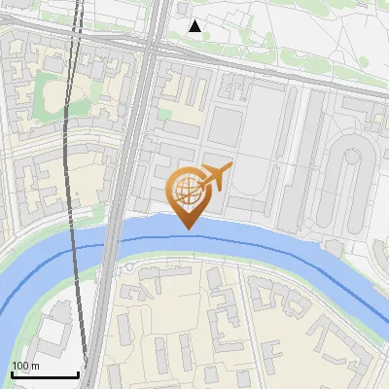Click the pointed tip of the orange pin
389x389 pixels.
click(x=189, y=228)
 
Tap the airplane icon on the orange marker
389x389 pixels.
click(x=215, y=177)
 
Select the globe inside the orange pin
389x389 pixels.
click(x=187, y=189)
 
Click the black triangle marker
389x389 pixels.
click(x=195, y=26)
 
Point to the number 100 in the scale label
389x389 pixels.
click(x=19, y=366)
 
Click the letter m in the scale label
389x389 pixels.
click(x=34, y=366)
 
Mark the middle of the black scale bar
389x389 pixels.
click(x=45, y=374)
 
